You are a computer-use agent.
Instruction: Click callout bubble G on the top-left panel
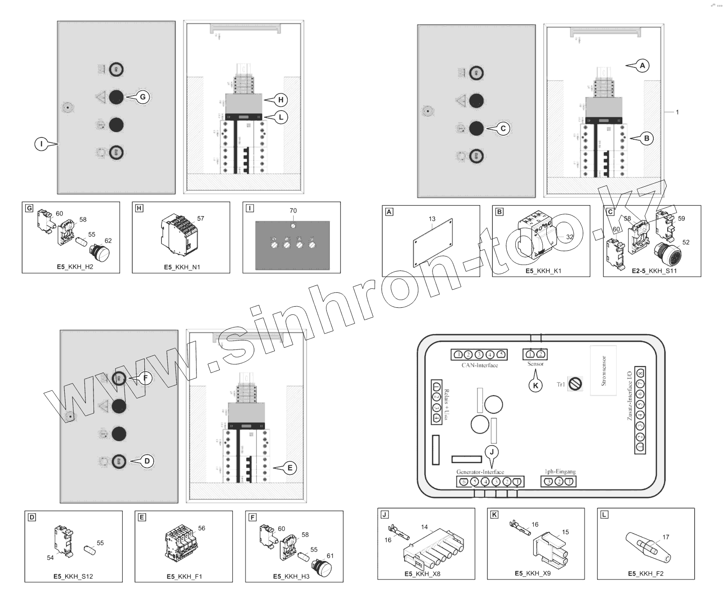coord(143,97)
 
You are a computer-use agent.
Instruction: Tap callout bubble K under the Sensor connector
coord(535,385)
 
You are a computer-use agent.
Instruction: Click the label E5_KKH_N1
coord(182,267)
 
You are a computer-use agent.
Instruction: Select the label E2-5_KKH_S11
coord(654,271)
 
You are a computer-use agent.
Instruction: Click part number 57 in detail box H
coord(201,218)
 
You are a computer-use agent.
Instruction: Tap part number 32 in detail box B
coord(570,237)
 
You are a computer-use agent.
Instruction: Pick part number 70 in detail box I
coord(293,211)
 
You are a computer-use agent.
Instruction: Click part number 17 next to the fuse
coord(665,537)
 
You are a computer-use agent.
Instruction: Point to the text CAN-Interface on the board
coord(480,365)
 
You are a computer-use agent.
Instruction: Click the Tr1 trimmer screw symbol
coord(575,384)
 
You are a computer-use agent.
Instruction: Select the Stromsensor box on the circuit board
coord(603,371)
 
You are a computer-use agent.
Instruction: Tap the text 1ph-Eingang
coord(560,472)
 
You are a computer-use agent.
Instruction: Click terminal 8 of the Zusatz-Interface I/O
coord(640,373)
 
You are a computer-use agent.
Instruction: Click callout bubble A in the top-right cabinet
coord(643,66)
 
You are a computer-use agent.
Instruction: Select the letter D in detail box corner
coord(31,517)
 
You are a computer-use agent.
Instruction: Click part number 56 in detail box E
coord(201,528)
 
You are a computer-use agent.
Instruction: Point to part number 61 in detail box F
coord(330,556)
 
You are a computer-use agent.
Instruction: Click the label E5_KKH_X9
coord(532,574)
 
